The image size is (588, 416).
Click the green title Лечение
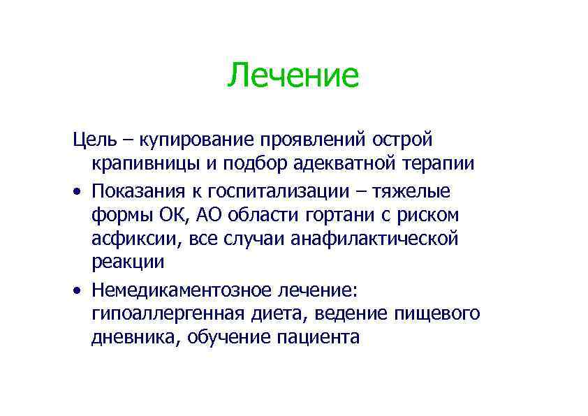coord(293,75)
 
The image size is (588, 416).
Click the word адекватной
coord(348,164)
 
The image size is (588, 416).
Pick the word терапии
coord(439,164)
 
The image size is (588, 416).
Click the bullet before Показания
coord(78,192)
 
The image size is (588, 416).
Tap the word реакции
coord(128,263)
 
